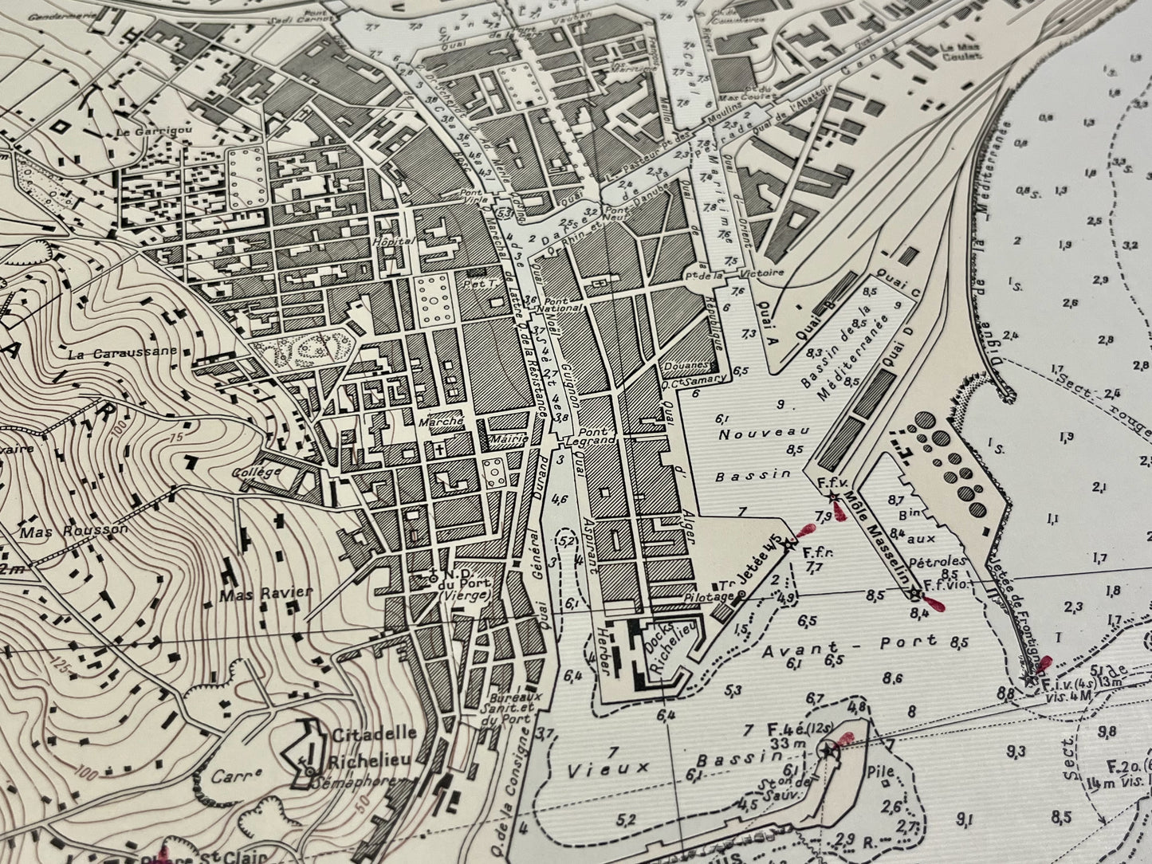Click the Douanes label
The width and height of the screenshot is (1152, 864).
[688, 365]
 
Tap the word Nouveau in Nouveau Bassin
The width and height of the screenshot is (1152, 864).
[764, 434]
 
